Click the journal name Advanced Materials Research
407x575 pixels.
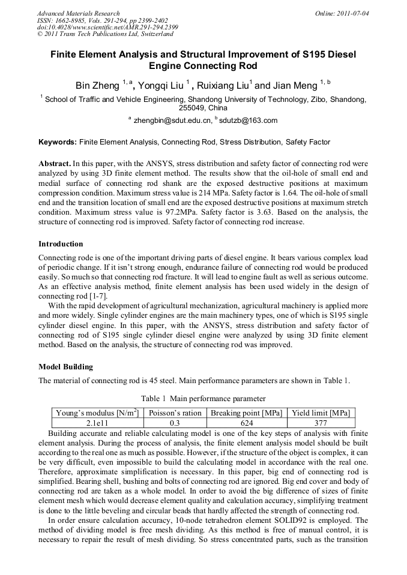coord(78,13)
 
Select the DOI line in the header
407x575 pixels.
coord(107,27)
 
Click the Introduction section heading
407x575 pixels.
coord(61,244)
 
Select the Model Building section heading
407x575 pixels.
coord(65,366)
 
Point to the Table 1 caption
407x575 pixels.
coord(203,398)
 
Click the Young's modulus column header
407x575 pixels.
coord(97,413)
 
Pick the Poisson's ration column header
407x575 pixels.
coord(175,413)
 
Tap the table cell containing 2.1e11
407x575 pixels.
coord(97,423)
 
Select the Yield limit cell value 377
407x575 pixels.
coord(320,423)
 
